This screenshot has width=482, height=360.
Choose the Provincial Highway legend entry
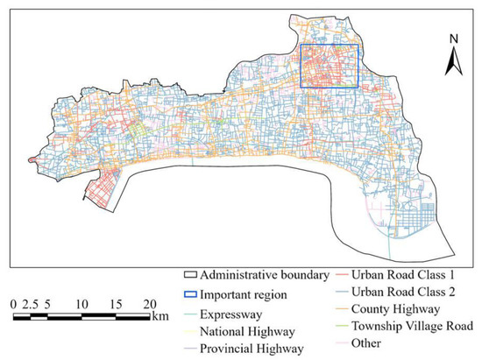[252, 348]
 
